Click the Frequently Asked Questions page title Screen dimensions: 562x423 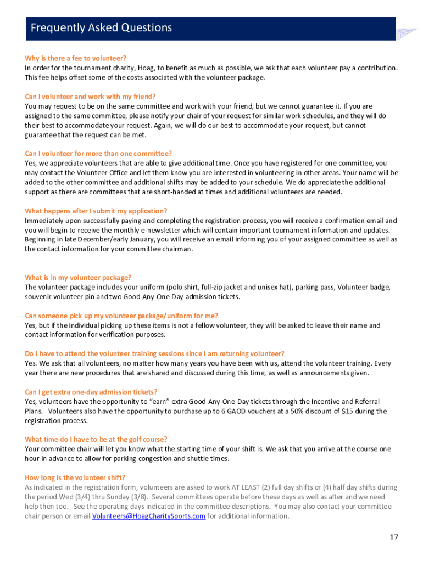click(x=101, y=28)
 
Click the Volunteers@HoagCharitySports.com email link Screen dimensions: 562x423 click(x=149, y=516)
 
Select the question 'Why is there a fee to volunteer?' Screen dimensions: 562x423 click(x=76, y=58)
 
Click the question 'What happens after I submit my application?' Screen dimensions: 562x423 click(x=96, y=211)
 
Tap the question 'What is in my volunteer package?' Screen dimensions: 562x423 click(x=78, y=278)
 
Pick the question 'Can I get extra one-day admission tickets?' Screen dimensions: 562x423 click(x=91, y=392)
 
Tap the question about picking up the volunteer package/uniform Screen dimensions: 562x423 click(x=121, y=316)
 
